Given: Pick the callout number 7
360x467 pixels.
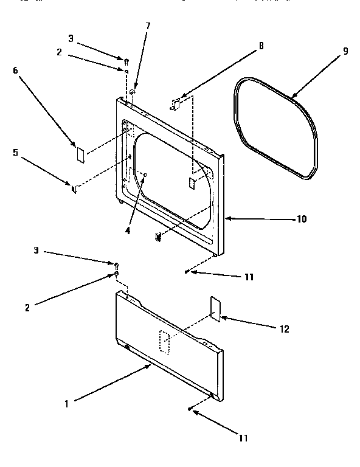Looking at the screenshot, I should pos(147,26).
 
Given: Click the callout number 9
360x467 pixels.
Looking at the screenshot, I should pos(345,51).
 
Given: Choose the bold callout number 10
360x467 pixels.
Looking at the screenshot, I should pos(302,219).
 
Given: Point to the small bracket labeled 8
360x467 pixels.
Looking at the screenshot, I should pos(176,104).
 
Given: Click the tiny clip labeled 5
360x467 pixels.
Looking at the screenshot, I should pos(74,189).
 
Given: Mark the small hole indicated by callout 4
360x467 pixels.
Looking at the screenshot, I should pos(145,175).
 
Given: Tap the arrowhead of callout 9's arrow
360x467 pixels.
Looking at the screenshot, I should pos(291,97).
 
